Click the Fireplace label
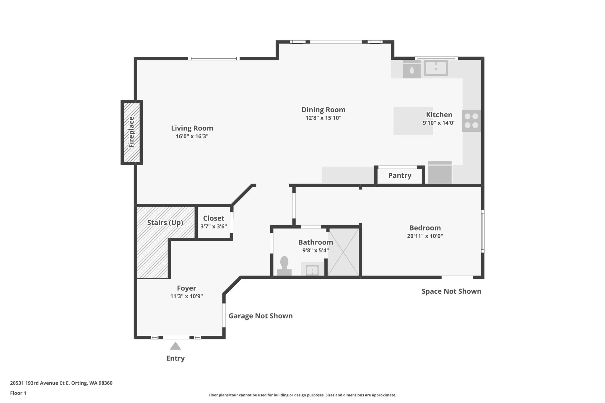click(131, 132)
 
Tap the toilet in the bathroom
click(284, 266)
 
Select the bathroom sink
click(312, 270)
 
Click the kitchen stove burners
click(471, 121)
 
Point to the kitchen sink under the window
click(436, 68)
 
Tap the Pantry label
click(400, 176)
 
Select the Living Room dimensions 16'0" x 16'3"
click(192, 136)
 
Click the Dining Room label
click(323, 110)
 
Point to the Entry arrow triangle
click(175, 346)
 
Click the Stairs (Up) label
click(165, 223)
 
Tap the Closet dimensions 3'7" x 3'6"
click(214, 226)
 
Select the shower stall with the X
click(343, 252)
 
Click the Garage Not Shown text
click(261, 316)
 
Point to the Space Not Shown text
click(451, 291)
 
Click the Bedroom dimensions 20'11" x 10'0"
click(425, 236)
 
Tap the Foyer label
click(186, 288)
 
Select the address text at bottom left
click(61, 383)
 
